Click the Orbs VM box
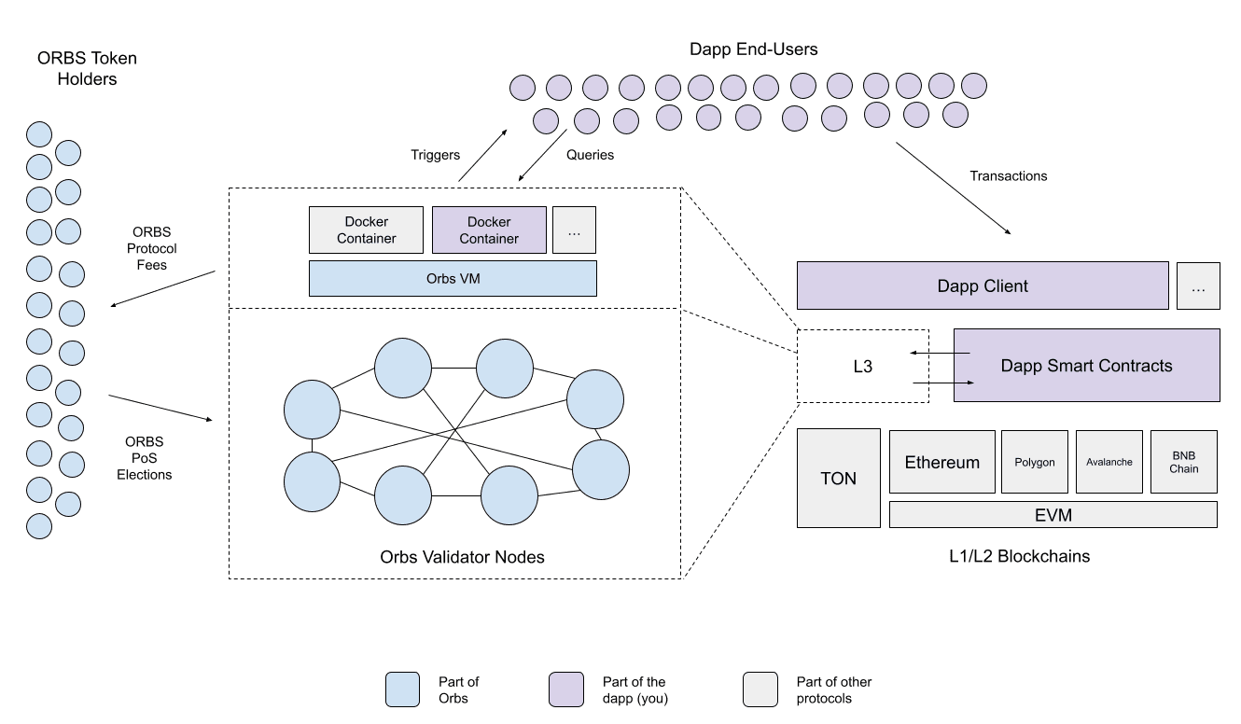[x=453, y=279]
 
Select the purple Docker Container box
[x=489, y=230]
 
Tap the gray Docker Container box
[x=366, y=230]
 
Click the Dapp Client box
[x=983, y=285]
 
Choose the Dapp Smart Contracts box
[x=1086, y=366]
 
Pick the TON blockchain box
[x=839, y=478]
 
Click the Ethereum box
[x=941, y=462]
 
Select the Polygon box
[x=1035, y=462]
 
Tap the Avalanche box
[x=1109, y=462]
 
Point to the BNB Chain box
[x=1184, y=462]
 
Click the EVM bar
[x=1053, y=515]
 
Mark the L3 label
[x=862, y=366]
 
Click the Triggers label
[x=435, y=155]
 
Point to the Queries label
[x=590, y=155]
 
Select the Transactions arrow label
[x=1009, y=176]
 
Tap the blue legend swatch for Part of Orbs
[x=403, y=689]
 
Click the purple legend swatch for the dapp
[x=566, y=689]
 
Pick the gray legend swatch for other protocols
[x=760, y=689]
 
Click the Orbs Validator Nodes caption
[x=462, y=557]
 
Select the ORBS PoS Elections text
[x=144, y=458]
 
